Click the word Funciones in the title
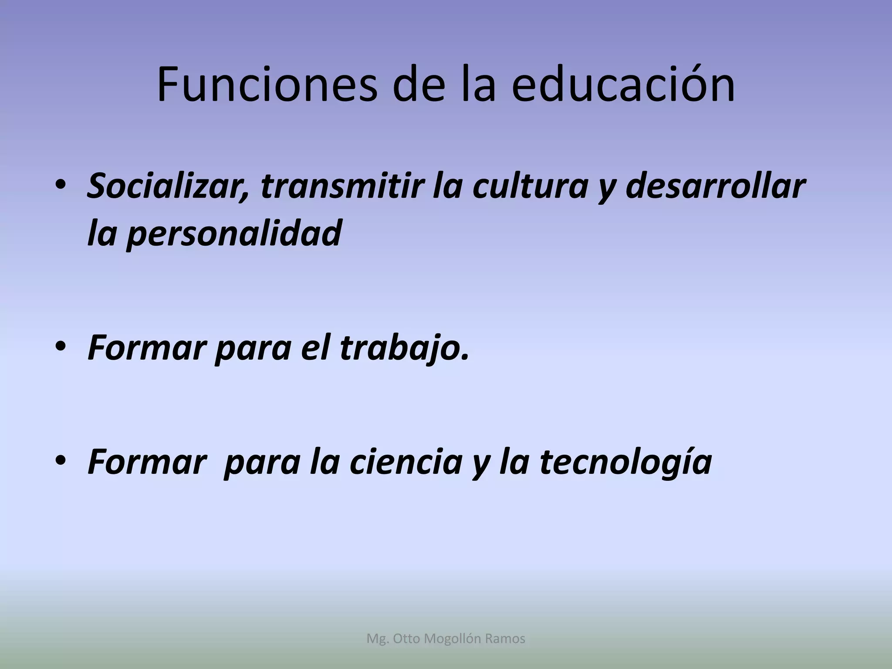coord(266,85)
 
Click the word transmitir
coord(342,186)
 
